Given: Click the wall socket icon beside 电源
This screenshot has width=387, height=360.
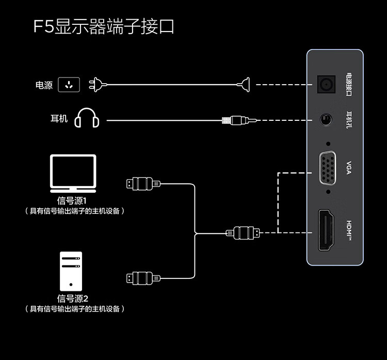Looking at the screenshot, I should [69, 85].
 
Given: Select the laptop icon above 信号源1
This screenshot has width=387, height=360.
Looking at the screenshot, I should [73, 173].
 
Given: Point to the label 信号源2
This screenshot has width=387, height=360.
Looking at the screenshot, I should [73, 299].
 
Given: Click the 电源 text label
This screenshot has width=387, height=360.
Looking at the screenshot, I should [44, 86].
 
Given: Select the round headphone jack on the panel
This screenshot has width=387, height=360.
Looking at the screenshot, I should [326, 120].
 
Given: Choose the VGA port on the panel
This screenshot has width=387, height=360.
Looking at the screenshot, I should [327, 168].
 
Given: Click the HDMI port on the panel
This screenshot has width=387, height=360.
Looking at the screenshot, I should [326, 230].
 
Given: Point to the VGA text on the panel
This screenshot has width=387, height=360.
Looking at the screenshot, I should [348, 168].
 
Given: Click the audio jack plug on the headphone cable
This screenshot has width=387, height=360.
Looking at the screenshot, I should [235, 120].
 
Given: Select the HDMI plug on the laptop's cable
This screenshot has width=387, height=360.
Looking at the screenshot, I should [142, 183].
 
